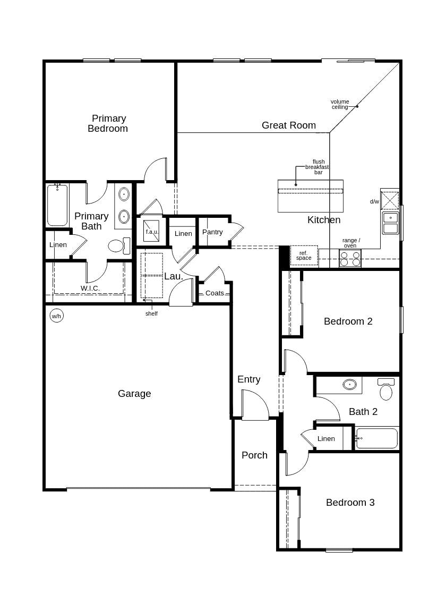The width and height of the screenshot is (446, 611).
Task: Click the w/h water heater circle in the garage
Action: pos(56,316)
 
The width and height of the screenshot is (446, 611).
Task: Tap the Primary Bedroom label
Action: pos(108,123)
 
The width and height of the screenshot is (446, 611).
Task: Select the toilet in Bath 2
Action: pos(386,391)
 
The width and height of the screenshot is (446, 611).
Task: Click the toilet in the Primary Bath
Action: pos(117,245)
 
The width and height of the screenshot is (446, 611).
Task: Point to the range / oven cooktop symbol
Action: pos(350,259)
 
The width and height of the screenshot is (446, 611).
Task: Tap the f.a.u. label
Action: pos(152,232)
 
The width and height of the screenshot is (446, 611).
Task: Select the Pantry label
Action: pos(212,232)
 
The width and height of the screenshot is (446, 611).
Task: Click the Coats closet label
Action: pos(215,293)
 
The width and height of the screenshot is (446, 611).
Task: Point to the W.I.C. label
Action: pos(90,288)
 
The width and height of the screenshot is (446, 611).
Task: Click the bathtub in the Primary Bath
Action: pos(57,206)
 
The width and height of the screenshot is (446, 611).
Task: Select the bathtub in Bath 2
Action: pos(376,438)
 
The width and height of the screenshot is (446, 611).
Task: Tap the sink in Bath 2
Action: pos(349,384)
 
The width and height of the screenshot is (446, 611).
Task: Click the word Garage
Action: pos(134,394)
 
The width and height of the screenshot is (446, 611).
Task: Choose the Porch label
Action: pos(254,455)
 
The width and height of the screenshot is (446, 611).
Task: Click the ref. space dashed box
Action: pos(304,256)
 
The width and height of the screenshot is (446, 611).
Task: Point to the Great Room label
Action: pos(288,125)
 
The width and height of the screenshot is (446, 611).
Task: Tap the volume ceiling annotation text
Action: pos(340,104)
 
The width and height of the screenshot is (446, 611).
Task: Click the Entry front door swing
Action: pos(255,405)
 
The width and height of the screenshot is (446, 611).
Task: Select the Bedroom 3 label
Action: pos(350,503)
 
